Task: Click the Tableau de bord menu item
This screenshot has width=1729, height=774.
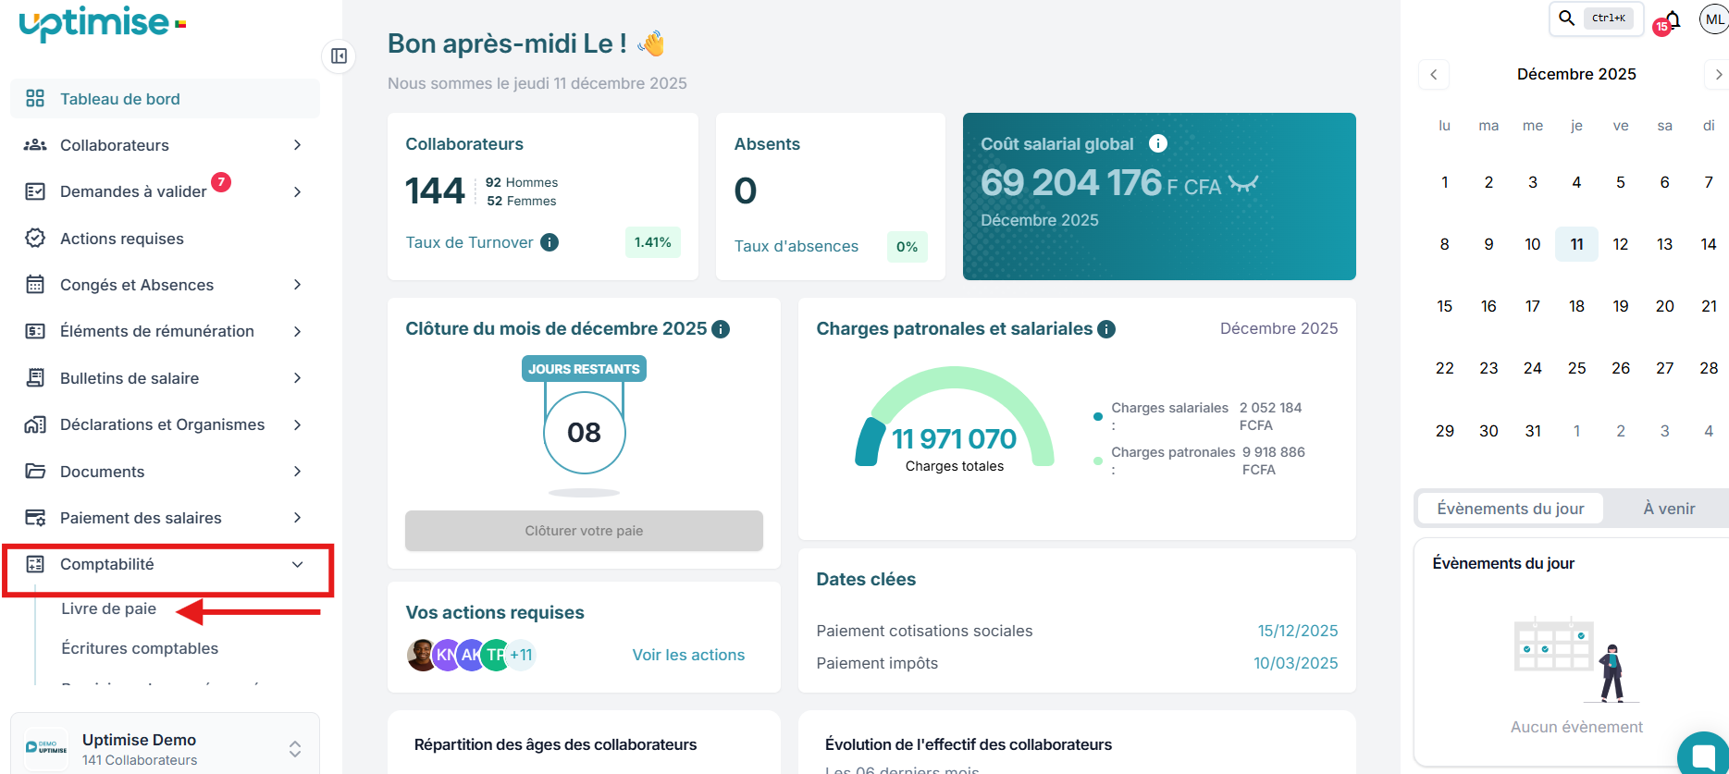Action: pyautogui.click(x=120, y=99)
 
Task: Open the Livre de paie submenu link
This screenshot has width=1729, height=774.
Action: pyautogui.click(x=109, y=608)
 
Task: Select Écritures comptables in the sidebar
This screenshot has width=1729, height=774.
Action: pyautogui.click(x=140, y=648)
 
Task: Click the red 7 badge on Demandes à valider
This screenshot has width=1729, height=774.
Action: pyautogui.click(x=221, y=182)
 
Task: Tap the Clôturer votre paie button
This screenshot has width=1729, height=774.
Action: pyautogui.click(x=584, y=531)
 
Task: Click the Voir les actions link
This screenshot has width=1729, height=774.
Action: pyautogui.click(x=688, y=655)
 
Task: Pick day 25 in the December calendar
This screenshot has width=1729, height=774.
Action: pyautogui.click(x=1576, y=368)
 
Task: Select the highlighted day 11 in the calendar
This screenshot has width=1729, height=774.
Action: pyautogui.click(x=1576, y=244)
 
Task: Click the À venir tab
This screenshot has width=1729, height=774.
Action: pyautogui.click(x=1669, y=509)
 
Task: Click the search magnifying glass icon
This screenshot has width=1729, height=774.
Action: pyautogui.click(x=1566, y=18)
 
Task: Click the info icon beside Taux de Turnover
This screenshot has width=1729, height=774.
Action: pyautogui.click(x=550, y=242)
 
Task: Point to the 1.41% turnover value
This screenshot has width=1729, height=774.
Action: pyautogui.click(x=653, y=242)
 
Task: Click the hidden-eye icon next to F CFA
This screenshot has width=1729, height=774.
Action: pyautogui.click(x=1243, y=183)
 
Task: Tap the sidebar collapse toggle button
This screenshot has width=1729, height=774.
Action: pyautogui.click(x=340, y=56)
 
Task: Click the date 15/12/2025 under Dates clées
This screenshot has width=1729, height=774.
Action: pyautogui.click(x=1297, y=631)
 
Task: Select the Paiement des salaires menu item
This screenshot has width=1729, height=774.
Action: pyautogui.click(x=141, y=518)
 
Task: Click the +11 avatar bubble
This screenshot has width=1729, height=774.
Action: pyautogui.click(x=522, y=655)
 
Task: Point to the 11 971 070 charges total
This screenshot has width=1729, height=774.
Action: pyautogui.click(x=954, y=439)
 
